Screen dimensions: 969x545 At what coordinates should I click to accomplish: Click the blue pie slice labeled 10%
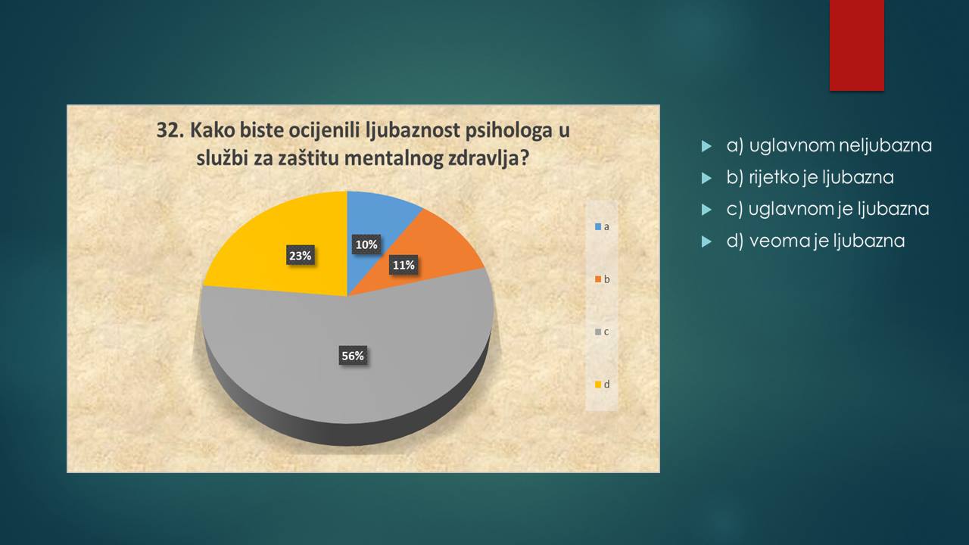pos(375,225)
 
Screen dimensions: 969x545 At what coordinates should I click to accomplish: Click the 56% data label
pos(353,356)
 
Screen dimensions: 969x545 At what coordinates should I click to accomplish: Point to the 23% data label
pos(301,256)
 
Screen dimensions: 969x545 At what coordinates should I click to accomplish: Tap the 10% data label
pos(366,244)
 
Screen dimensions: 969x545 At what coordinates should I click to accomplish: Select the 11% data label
pos(403,265)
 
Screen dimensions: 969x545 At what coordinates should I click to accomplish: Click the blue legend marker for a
pos(598,226)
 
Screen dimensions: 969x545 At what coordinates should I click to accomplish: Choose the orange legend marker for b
pos(598,279)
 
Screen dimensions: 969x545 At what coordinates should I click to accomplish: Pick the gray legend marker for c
pos(598,332)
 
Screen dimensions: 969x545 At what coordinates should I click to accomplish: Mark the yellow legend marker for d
pos(598,385)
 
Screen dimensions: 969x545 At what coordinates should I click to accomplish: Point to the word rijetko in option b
pos(774,177)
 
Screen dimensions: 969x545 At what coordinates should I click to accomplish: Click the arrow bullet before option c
pos(706,210)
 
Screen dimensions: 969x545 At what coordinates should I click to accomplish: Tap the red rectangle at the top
pos(856,45)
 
